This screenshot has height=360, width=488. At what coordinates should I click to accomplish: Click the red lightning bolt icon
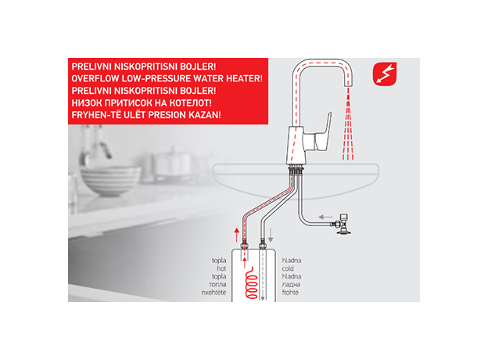(x=385, y=74)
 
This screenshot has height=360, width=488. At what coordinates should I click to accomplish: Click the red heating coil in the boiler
(x=252, y=283)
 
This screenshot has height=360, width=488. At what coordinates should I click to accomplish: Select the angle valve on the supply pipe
(x=343, y=224)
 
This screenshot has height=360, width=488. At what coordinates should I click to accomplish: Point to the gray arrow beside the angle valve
(x=326, y=217)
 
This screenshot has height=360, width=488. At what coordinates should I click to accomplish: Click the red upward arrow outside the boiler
(x=237, y=235)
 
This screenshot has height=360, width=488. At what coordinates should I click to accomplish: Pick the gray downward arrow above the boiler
(x=271, y=235)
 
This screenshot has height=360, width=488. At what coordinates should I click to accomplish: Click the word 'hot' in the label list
(x=221, y=268)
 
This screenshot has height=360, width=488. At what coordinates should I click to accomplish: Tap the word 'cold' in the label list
(x=288, y=268)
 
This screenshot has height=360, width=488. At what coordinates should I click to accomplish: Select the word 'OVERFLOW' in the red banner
(x=91, y=78)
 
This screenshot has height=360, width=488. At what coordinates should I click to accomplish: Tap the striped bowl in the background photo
(x=110, y=181)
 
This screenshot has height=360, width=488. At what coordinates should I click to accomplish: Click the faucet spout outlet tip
(x=348, y=85)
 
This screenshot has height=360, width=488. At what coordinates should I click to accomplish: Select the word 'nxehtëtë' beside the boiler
(x=213, y=293)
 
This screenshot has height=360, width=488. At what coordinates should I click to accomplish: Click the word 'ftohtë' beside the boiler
(x=290, y=293)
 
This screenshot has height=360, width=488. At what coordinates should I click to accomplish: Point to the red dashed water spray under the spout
(x=348, y=124)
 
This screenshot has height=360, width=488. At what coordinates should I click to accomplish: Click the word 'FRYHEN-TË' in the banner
(x=93, y=115)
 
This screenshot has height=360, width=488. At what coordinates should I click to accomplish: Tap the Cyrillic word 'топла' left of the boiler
(x=217, y=284)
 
